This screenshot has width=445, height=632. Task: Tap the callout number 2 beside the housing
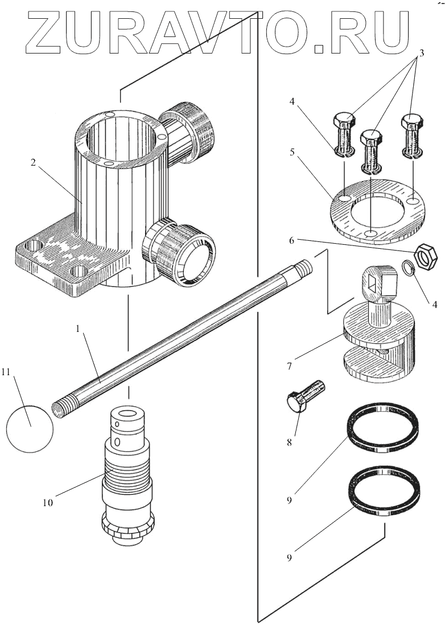[x=34, y=163]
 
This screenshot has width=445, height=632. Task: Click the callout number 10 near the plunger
[x=48, y=502]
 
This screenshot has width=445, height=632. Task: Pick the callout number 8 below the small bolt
[x=289, y=442]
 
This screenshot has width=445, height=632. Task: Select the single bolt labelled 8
[x=305, y=396]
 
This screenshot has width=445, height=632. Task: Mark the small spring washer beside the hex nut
[x=408, y=268]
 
